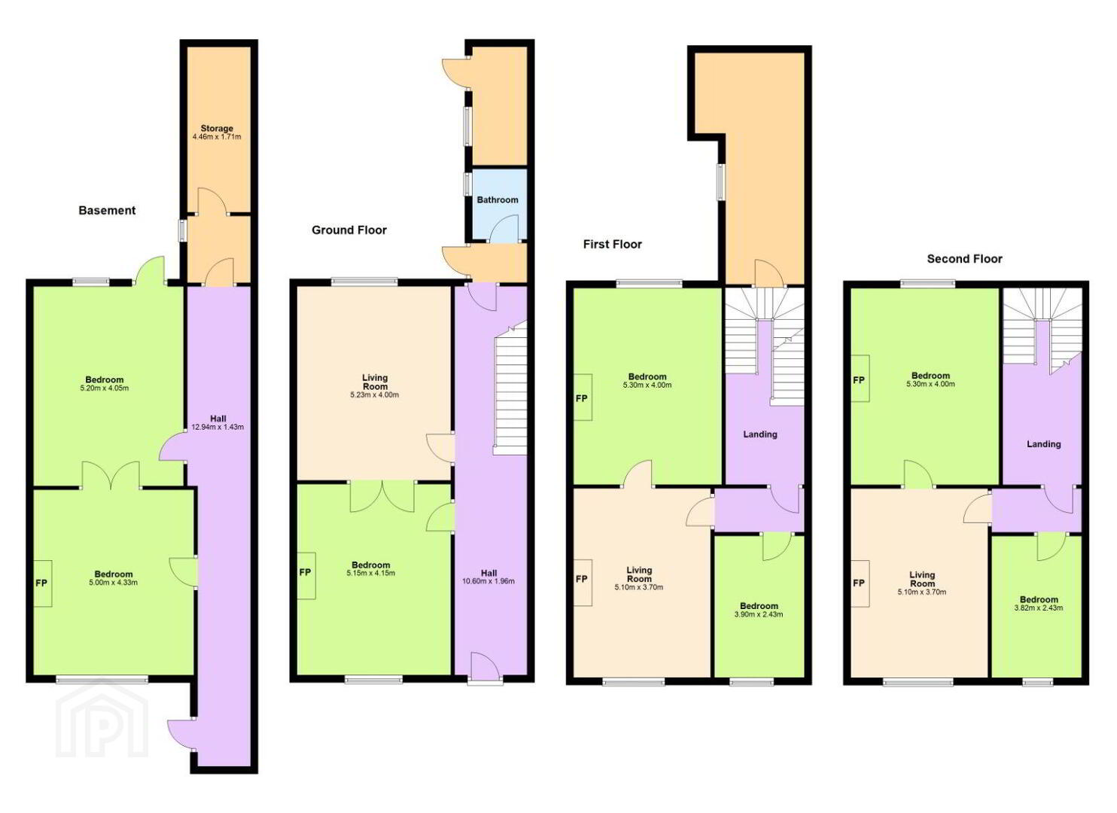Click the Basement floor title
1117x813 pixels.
click(x=107, y=211)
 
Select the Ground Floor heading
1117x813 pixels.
click(x=349, y=230)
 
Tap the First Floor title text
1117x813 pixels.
click(x=613, y=245)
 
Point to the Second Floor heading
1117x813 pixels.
click(x=964, y=259)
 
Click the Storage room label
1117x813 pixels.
click(x=217, y=129)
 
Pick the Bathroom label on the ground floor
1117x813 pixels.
click(x=498, y=200)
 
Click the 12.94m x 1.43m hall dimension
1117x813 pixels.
click(x=218, y=427)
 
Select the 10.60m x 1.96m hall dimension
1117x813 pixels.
click(x=488, y=581)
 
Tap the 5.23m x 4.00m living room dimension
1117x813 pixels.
click(x=375, y=394)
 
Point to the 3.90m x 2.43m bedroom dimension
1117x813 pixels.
click(x=759, y=614)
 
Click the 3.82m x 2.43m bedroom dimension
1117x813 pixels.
click(x=1039, y=607)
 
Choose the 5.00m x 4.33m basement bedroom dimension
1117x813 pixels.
click(x=114, y=582)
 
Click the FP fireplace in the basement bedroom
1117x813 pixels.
click(x=42, y=583)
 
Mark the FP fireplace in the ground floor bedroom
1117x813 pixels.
click(x=306, y=573)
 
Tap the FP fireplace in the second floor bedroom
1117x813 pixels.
click(x=859, y=380)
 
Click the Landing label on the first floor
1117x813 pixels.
click(x=760, y=434)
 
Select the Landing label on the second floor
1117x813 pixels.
click(x=1044, y=444)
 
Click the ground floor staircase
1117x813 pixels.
click(x=510, y=388)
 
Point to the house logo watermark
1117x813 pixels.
click(x=102, y=720)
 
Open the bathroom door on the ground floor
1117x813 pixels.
click(x=504, y=228)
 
